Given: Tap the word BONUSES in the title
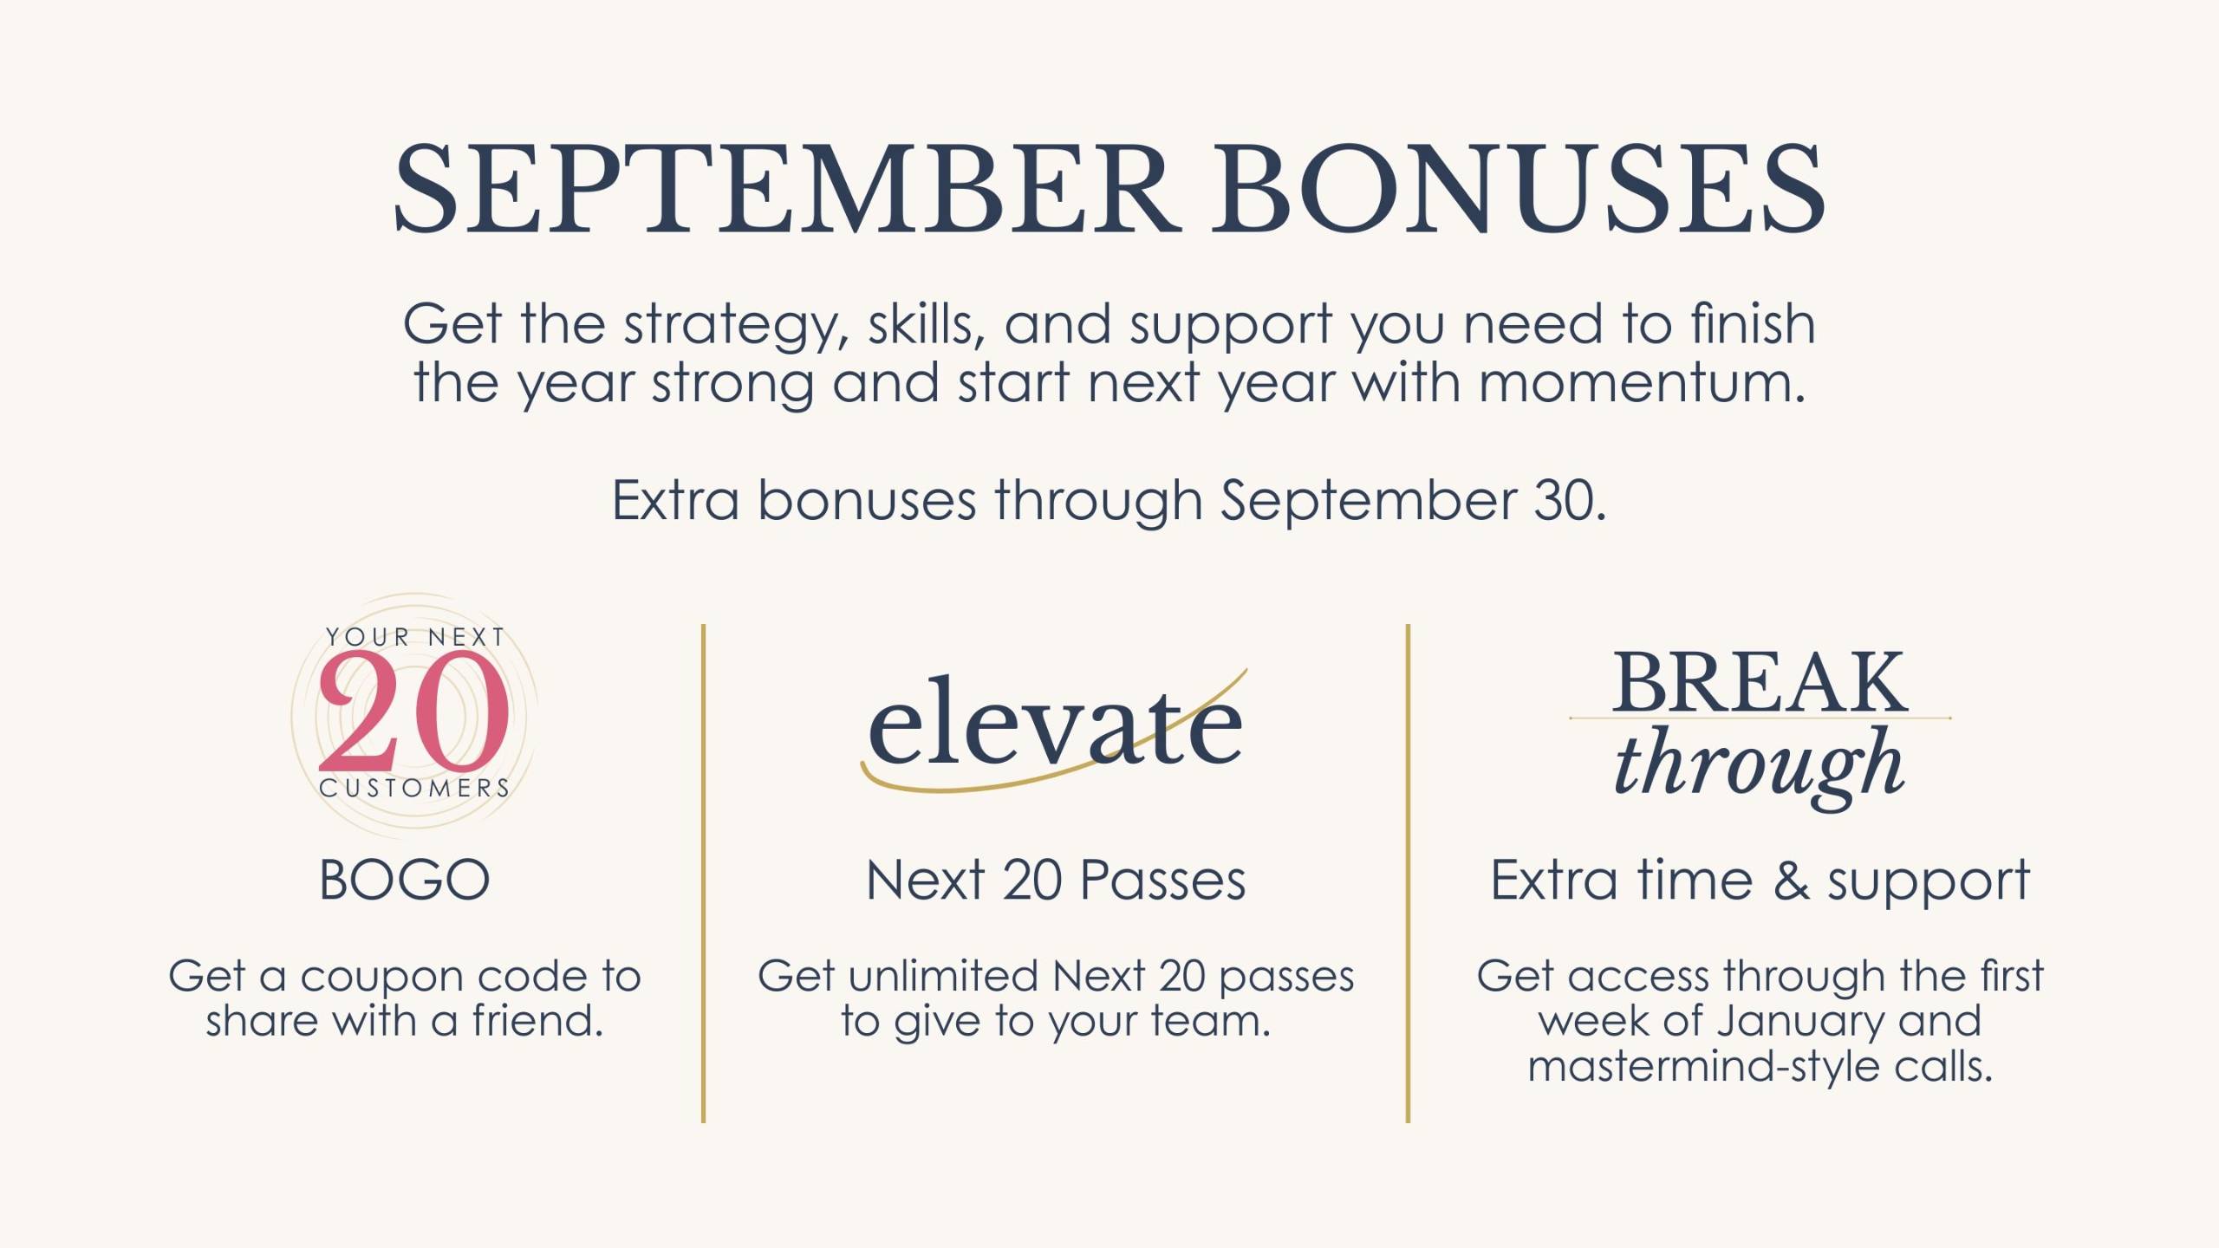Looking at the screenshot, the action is click(x=1518, y=188).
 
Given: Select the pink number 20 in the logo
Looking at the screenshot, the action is click(x=413, y=712).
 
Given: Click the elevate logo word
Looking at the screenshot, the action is click(x=1055, y=724).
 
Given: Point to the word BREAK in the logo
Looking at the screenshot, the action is click(x=1760, y=682).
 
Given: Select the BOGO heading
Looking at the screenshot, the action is click(x=405, y=881).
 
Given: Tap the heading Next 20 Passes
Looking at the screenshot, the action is click(x=1056, y=881).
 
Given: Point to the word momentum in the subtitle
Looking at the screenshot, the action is click(x=1642, y=383).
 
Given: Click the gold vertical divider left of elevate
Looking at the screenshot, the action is click(x=703, y=874).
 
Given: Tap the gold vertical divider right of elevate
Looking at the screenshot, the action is click(x=1408, y=874).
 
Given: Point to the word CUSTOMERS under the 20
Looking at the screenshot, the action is click(x=414, y=788).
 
